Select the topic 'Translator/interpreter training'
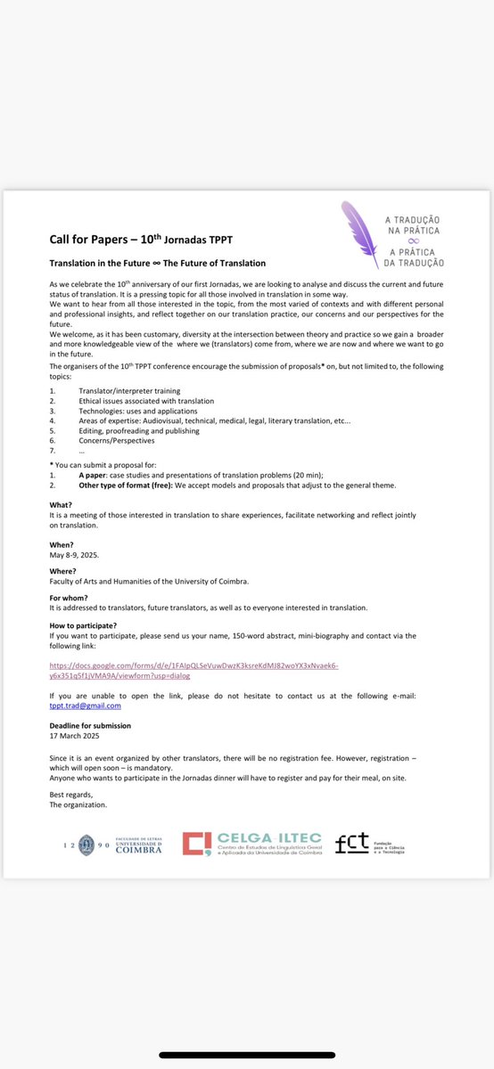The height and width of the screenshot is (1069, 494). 129,391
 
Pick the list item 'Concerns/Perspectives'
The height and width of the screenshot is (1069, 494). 116,440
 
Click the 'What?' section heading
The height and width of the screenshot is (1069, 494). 61,504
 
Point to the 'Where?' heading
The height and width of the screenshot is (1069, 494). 62,572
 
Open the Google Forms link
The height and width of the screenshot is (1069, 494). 193,669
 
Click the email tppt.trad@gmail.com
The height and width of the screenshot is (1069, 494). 86,706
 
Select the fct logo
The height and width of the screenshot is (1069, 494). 369,845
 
